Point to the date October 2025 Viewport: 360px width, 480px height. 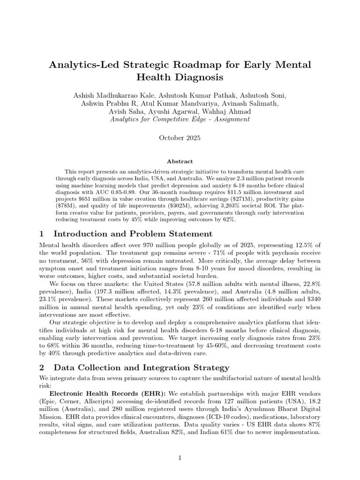180,138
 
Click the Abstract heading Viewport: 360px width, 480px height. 180,161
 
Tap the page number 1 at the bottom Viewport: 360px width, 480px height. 180,458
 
